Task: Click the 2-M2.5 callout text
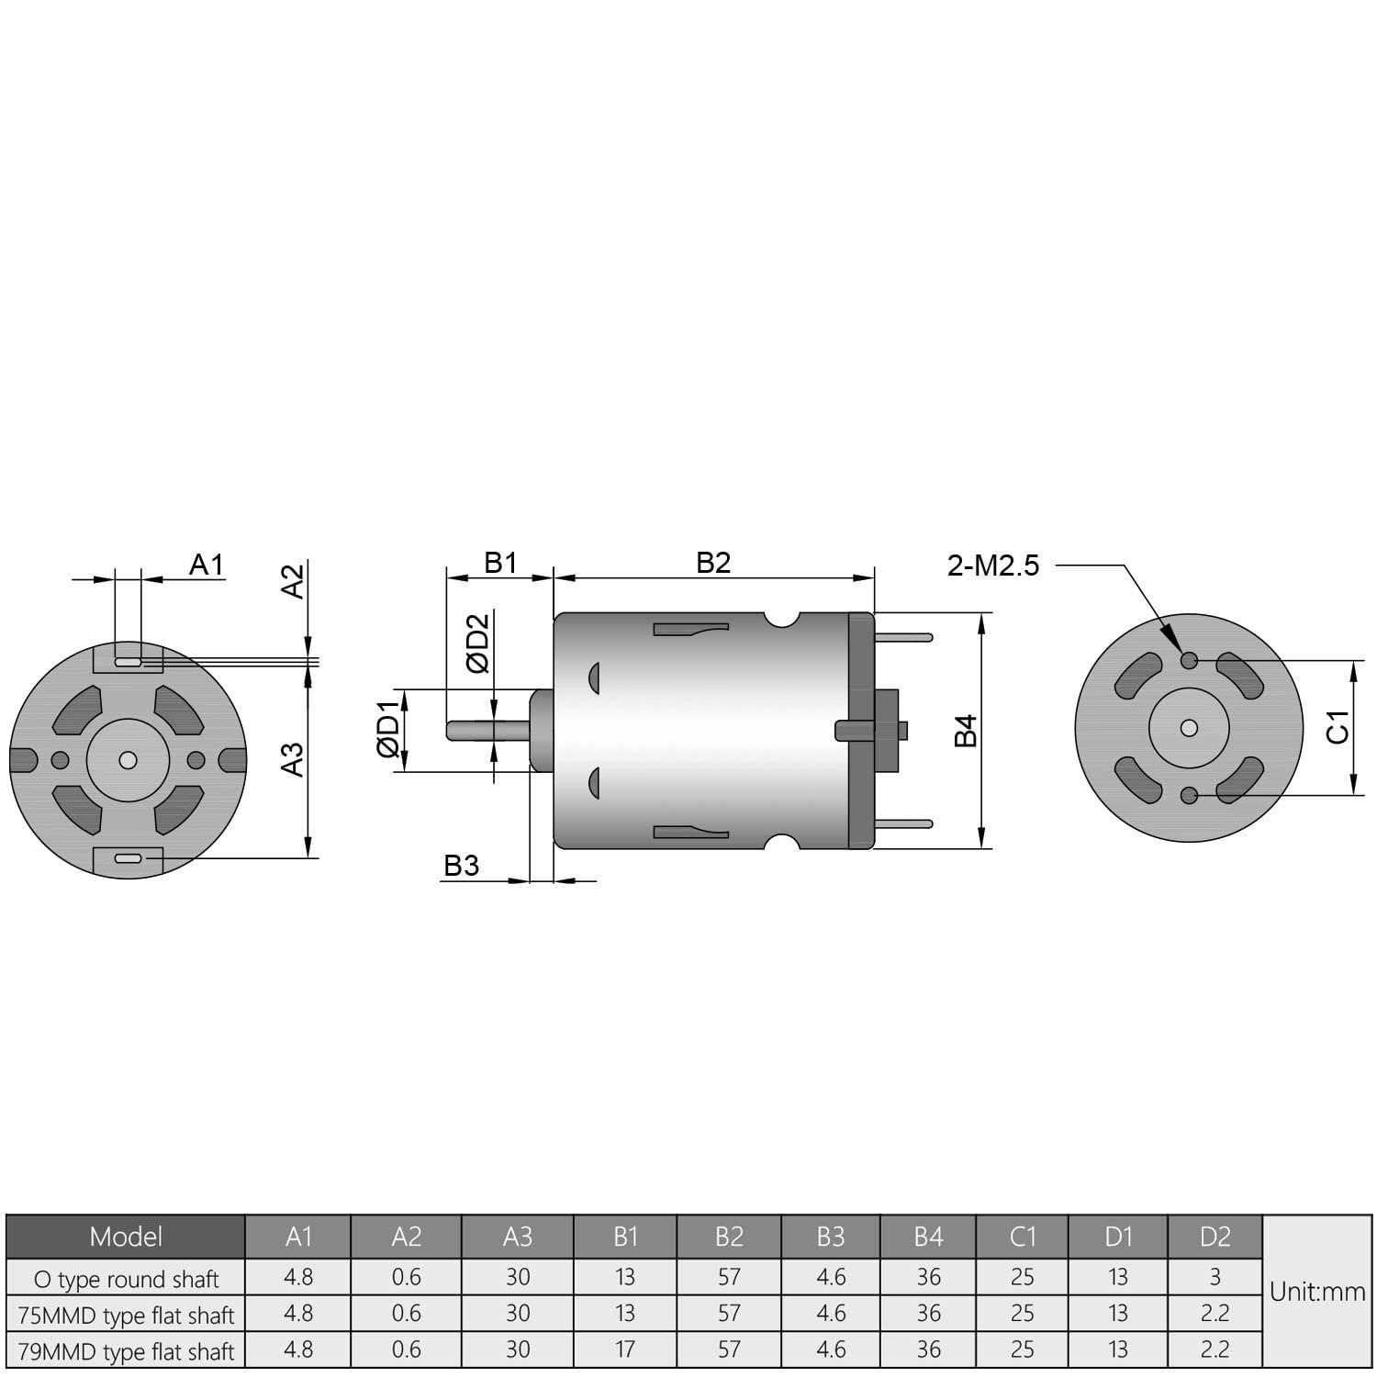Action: tap(993, 565)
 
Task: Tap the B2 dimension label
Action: tap(713, 562)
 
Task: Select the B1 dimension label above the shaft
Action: tap(500, 562)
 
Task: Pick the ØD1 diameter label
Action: tap(389, 729)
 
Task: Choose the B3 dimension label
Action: tap(462, 866)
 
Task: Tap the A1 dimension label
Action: tap(207, 565)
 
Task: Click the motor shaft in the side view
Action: tap(487, 730)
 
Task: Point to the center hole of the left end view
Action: tap(128, 760)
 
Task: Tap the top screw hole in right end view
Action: tap(1190, 660)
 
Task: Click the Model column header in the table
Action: tap(126, 1237)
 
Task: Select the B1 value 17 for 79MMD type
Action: tap(625, 1349)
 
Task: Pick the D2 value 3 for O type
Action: tap(1215, 1277)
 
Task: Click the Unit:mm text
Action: tap(1317, 1292)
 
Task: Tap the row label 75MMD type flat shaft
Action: tap(126, 1315)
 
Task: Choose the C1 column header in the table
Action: tap(1022, 1237)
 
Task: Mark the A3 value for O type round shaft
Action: tap(518, 1277)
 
